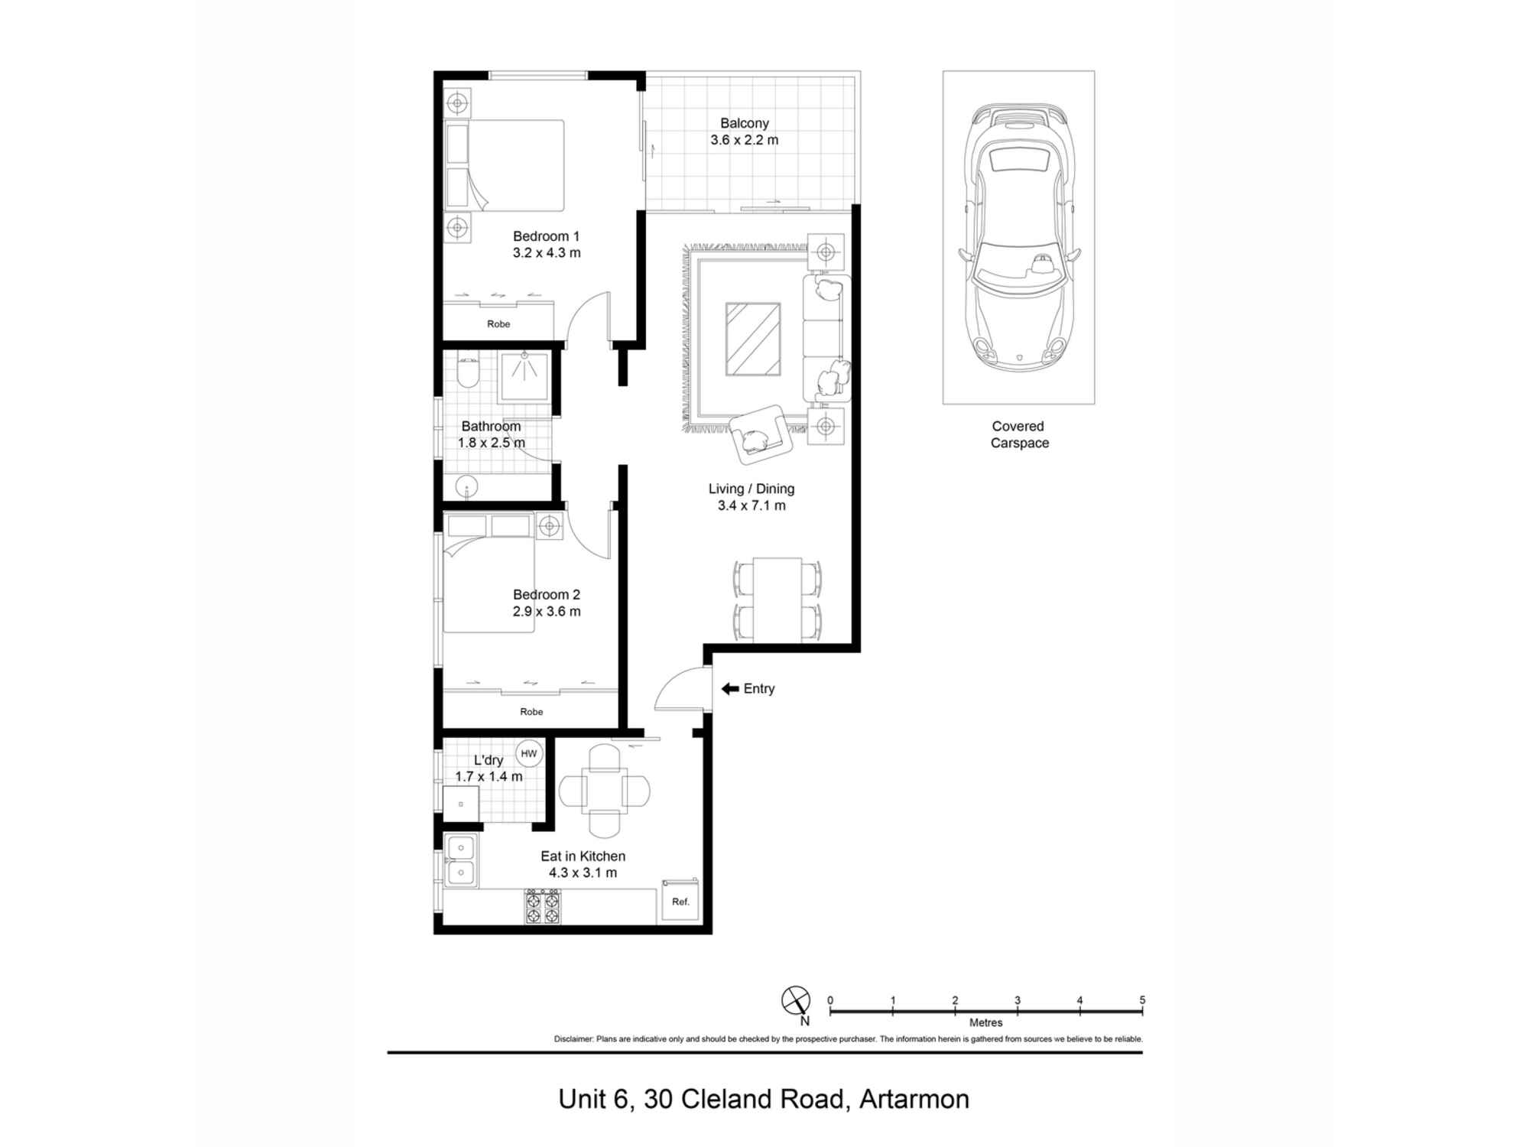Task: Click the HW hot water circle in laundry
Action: click(528, 753)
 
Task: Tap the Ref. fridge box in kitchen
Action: click(680, 901)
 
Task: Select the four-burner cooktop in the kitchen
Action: click(542, 906)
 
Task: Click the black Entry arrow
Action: click(729, 689)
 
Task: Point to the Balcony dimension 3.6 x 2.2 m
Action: click(744, 140)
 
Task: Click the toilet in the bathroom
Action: click(467, 372)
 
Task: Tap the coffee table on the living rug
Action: click(753, 340)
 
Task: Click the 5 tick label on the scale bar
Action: click(1142, 1000)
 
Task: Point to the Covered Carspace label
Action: click(1018, 434)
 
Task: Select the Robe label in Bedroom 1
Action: click(498, 324)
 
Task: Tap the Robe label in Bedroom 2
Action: click(531, 712)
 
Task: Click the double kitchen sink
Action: click(461, 860)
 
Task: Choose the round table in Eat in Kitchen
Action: click(604, 791)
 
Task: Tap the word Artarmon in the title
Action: click(914, 1100)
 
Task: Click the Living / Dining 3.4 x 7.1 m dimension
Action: click(752, 505)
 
